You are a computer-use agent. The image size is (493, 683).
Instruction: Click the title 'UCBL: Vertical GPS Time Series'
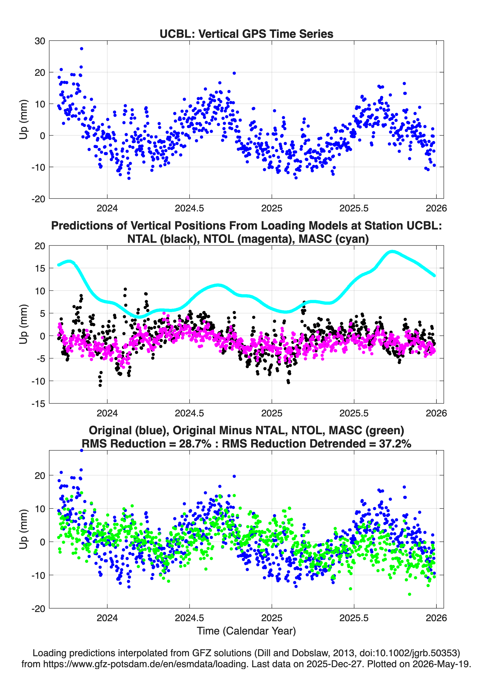coord(246,34)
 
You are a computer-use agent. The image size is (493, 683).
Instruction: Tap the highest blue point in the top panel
coord(81,49)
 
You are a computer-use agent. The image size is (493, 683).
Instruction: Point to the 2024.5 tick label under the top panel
coord(189,208)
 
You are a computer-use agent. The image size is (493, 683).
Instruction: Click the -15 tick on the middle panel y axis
coord(38,404)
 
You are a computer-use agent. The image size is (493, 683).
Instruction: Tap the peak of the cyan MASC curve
coord(392,251)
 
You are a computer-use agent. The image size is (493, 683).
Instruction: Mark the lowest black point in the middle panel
coord(100,385)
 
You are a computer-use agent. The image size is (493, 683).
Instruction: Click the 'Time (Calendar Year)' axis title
coord(246,631)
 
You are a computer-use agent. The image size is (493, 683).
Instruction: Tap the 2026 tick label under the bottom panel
coord(436,618)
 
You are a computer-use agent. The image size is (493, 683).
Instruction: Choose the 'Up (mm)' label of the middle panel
coord(24,324)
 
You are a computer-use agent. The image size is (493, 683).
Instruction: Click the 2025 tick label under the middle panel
coord(271,413)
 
